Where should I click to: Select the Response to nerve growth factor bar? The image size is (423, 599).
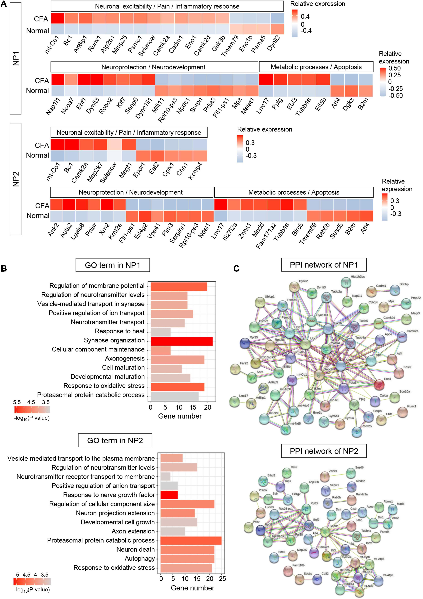169,495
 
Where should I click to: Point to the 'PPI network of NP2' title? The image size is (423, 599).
324,451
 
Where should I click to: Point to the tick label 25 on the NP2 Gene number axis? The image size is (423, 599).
222,579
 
